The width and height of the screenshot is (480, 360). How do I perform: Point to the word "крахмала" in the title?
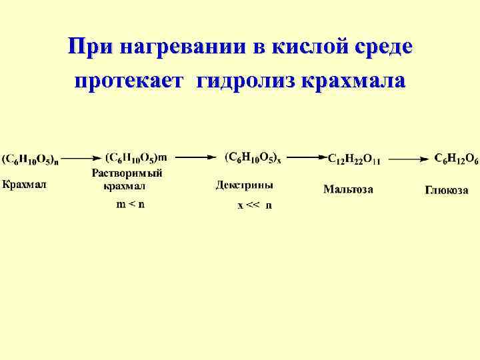[x=353, y=81]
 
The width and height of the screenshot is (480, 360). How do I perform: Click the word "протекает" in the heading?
[x=131, y=81]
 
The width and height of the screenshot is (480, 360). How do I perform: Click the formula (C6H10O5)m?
[x=136, y=158]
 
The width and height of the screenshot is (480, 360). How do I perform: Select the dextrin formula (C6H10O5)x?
[x=253, y=158]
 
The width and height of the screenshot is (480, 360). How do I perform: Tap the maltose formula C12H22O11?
[x=354, y=160]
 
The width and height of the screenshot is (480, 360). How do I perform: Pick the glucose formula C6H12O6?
[x=456, y=159]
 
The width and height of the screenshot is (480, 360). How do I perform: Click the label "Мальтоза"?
[x=348, y=189]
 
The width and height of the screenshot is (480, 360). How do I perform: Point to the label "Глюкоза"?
[x=446, y=191]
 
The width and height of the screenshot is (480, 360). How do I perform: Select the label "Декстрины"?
[x=244, y=185]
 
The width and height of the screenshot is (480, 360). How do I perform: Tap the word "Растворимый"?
[x=127, y=173]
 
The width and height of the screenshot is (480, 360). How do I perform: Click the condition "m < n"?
[x=130, y=205]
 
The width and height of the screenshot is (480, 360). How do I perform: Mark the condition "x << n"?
[x=255, y=205]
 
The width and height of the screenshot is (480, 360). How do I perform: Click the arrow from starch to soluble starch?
[x=82, y=159]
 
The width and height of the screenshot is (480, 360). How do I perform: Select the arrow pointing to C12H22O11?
[x=307, y=158]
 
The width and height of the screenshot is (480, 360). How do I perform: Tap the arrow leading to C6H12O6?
[x=409, y=159]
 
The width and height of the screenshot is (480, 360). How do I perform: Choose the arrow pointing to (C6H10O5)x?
[x=196, y=158]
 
